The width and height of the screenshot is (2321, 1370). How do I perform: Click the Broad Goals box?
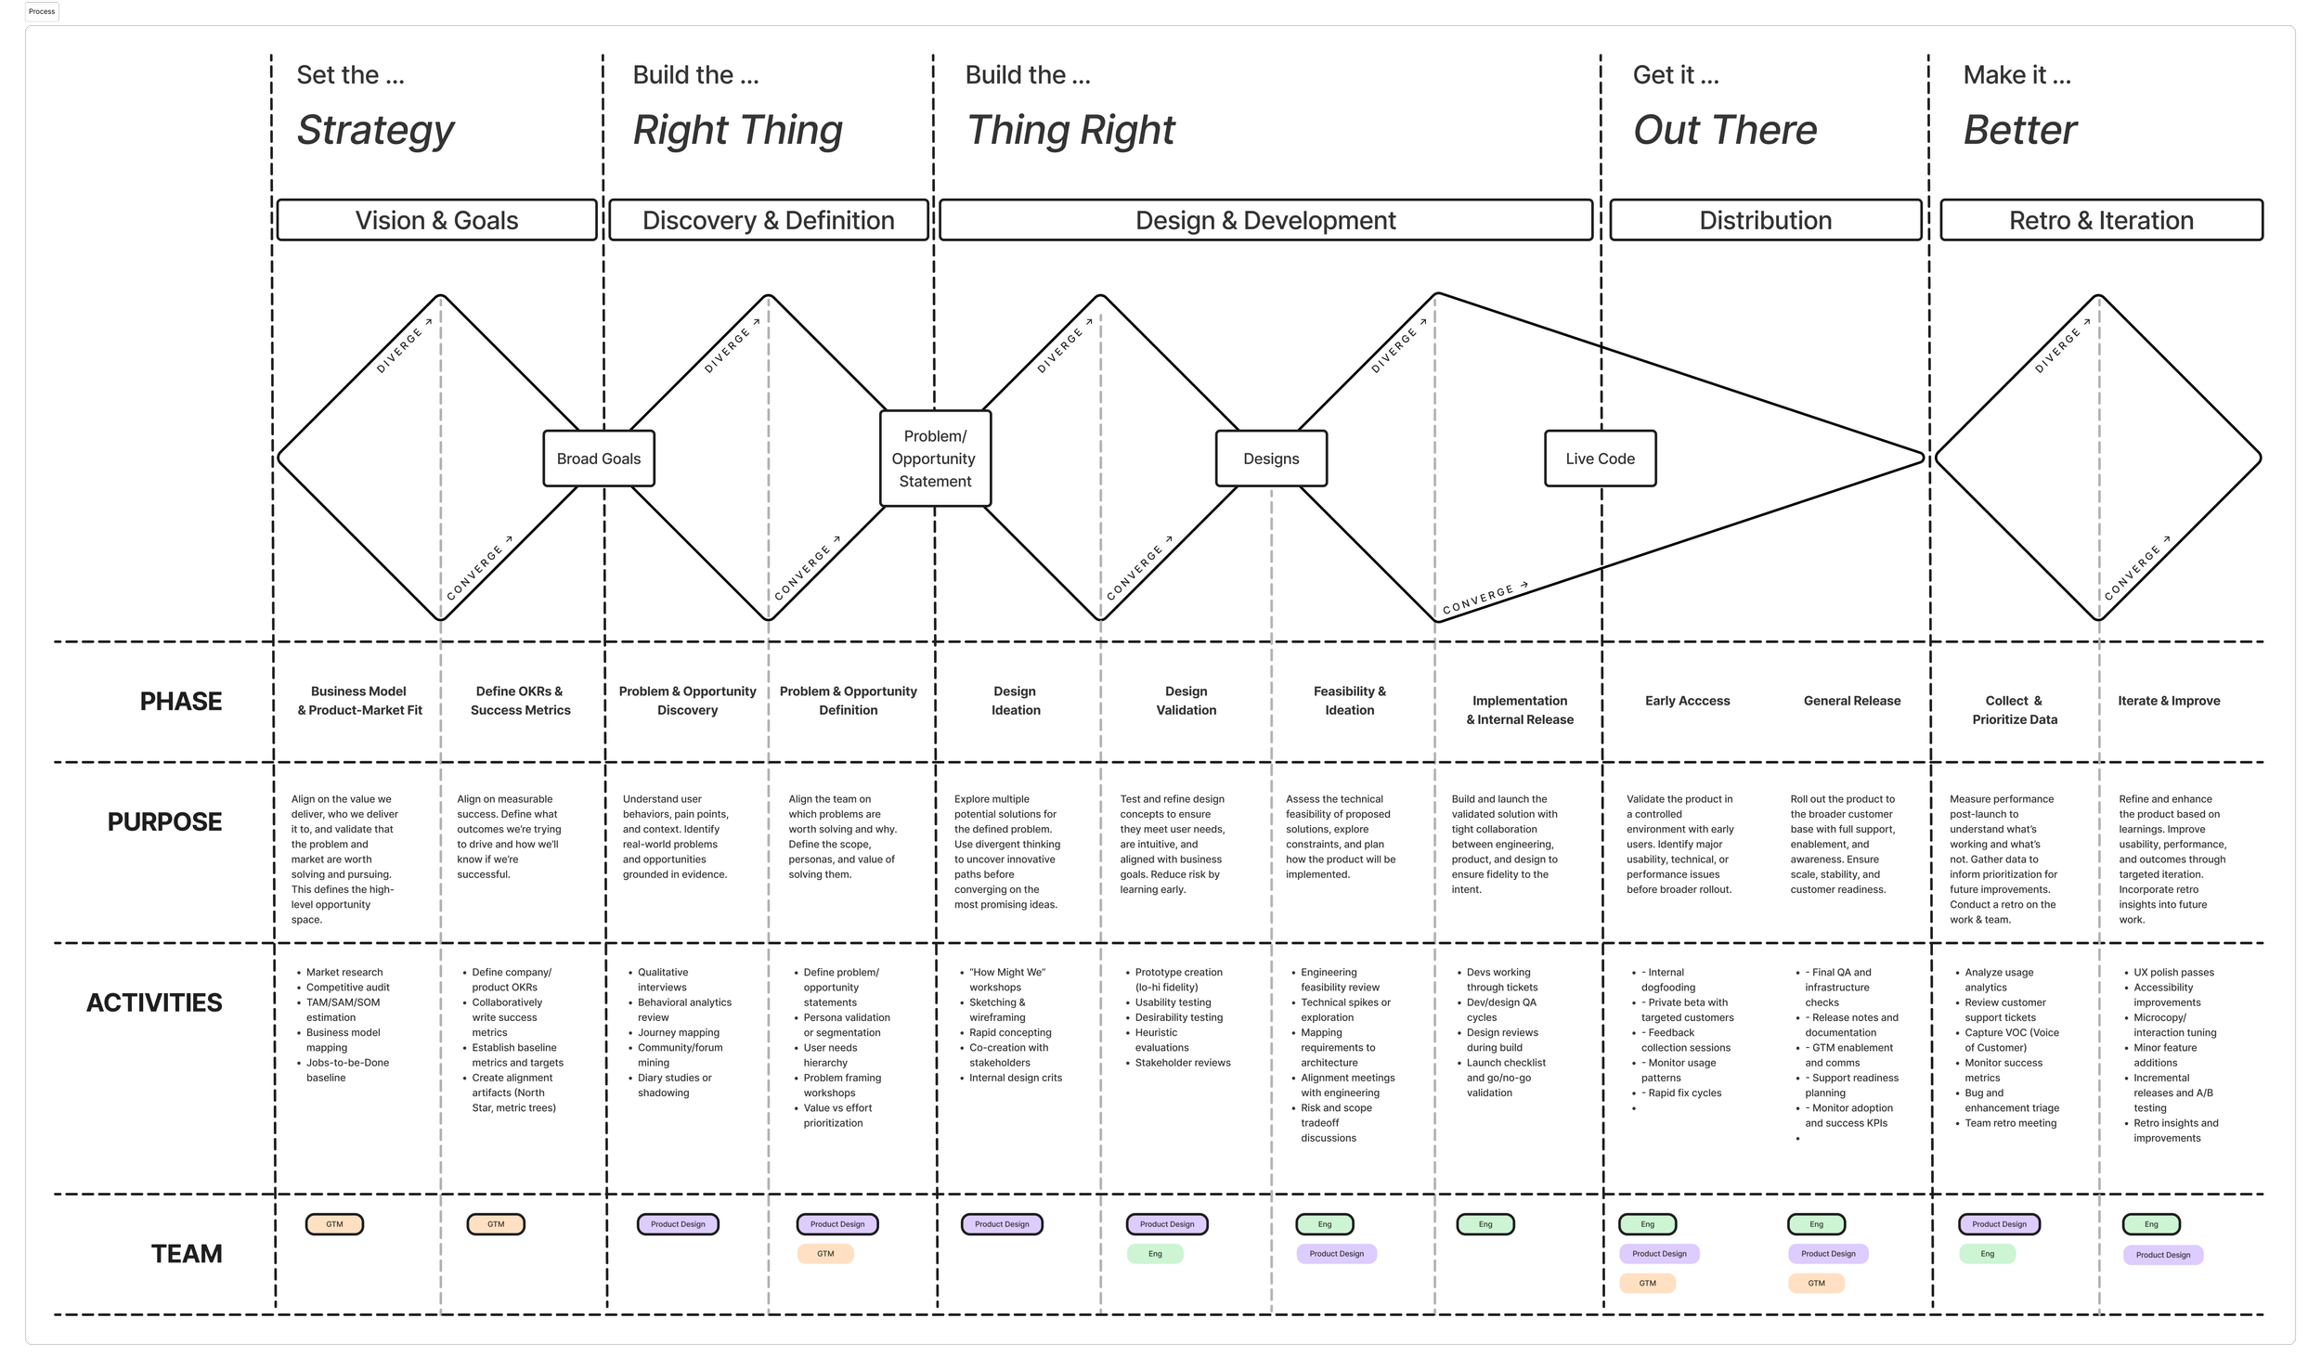coord(599,459)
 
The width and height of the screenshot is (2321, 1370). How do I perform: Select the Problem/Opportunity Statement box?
coord(935,459)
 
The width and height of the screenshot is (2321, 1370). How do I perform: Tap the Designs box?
coord(1271,459)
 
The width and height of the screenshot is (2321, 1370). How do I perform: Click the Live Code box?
coord(1600,459)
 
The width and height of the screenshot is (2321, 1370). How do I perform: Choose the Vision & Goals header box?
coord(436,220)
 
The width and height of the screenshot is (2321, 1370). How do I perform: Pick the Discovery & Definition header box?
coord(769,220)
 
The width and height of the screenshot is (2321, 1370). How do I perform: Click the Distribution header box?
coord(1765,220)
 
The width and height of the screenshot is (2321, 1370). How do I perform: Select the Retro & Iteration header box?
coord(2101,220)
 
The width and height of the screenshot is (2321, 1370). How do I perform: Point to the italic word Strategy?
coord(376,130)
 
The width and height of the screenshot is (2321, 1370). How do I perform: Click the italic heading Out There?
coord(1725,130)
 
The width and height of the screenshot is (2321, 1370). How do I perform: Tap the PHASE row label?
coord(181,702)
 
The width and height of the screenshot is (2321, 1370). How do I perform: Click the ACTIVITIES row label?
coord(154,1002)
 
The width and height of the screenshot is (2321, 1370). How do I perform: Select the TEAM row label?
coord(187,1254)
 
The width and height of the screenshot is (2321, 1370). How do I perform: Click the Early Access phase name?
coord(1687,701)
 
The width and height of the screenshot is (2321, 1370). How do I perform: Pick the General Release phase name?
coord(1851,701)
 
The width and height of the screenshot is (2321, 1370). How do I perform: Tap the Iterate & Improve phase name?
coord(2169,701)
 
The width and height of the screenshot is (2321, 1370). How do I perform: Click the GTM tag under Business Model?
coord(334,1224)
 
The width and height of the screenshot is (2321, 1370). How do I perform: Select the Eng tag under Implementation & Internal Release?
coord(1485,1224)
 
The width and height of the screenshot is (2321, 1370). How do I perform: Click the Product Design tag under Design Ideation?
coord(1002,1224)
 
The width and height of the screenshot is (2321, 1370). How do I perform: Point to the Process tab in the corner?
coord(42,12)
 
